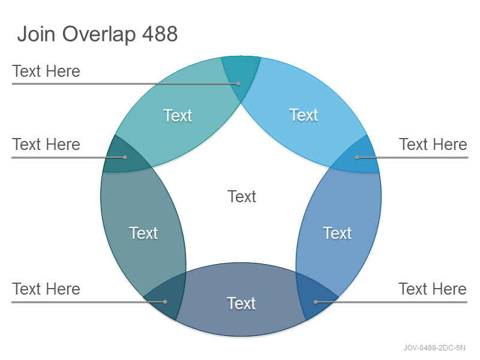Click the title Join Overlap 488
(97, 34)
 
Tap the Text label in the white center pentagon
(242, 196)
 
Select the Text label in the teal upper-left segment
(178, 115)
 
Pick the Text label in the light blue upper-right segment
(304, 115)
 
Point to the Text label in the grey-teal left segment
(143, 233)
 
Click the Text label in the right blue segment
(337, 233)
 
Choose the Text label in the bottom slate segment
(241, 304)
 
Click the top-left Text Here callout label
(46, 71)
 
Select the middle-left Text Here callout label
(46, 144)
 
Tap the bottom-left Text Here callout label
(46, 289)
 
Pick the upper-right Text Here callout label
(433, 144)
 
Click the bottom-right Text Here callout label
(433, 289)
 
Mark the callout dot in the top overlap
(238, 83)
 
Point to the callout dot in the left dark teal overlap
(125, 157)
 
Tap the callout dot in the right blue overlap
(357, 157)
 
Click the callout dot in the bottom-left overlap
(165, 302)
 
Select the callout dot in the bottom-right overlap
(316, 302)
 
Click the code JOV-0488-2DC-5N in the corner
(434, 348)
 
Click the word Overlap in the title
(99, 34)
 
